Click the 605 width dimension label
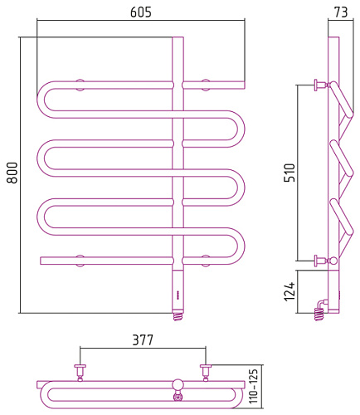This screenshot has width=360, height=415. (x=141, y=12)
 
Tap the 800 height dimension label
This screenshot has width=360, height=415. (x=12, y=173)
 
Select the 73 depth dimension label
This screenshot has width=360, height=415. (x=341, y=12)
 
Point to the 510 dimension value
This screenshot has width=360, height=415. (x=289, y=173)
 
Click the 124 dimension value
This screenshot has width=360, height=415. (x=289, y=292)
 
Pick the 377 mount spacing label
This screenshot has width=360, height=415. (x=143, y=340)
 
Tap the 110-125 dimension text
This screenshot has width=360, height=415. (x=254, y=386)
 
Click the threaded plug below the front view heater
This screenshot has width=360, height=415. (x=178, y=316)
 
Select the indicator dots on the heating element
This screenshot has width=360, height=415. (x=178, y=294)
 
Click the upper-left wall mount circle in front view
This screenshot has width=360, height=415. (x=80, y=85)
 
